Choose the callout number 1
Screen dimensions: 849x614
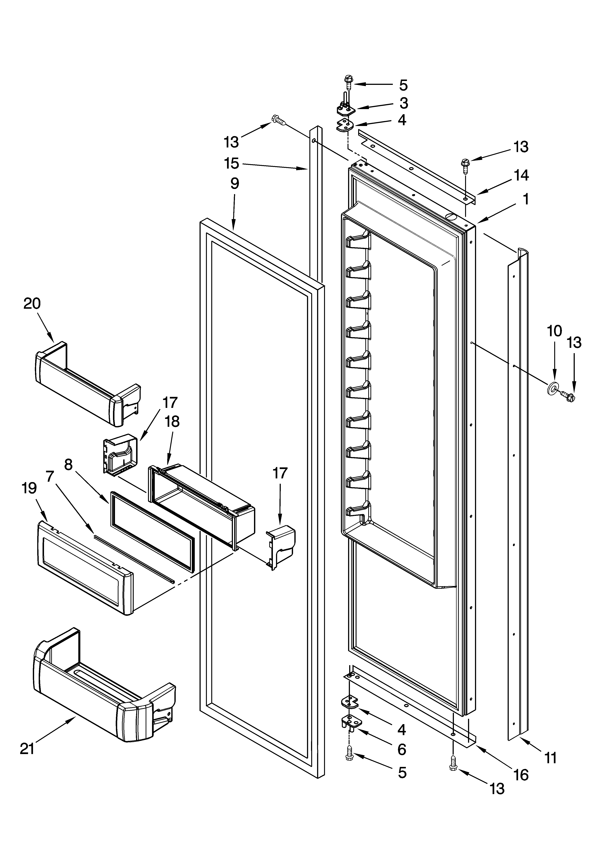click(526, 199)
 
